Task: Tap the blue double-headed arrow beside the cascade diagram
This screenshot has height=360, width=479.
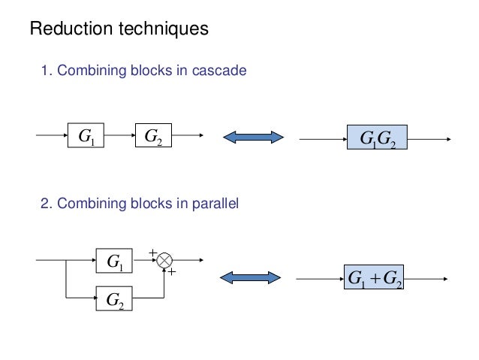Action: (253, 137)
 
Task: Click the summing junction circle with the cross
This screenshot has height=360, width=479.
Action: (165, 261)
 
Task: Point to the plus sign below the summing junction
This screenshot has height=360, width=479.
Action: (172, 273)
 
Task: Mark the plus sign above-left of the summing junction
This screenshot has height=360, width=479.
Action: (152, 253)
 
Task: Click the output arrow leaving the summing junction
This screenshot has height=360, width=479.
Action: (188, 261)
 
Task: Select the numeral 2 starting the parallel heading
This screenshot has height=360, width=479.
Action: (43, 202)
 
